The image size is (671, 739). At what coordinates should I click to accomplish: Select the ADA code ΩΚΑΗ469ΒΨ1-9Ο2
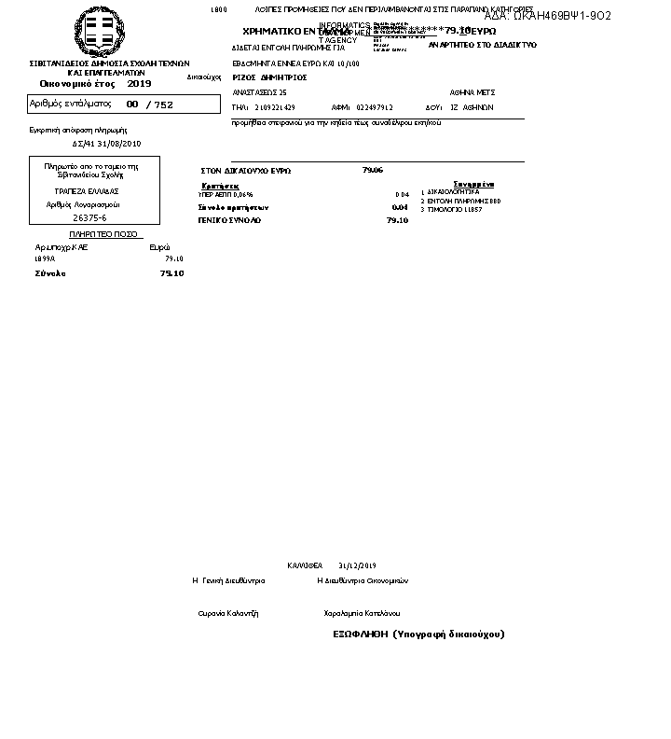[x=548, y=16]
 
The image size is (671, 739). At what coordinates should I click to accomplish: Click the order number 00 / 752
[x=150, y=105]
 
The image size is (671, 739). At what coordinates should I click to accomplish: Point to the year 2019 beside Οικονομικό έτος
[x=139, y=83]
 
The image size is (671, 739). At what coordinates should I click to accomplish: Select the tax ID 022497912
[x=374, y=107]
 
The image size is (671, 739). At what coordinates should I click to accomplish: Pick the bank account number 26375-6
[x=89, y=217]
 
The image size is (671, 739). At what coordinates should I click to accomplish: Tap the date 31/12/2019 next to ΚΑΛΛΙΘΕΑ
[x=357, y=565]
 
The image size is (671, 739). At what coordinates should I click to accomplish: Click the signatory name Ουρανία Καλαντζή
[x=228, y=613]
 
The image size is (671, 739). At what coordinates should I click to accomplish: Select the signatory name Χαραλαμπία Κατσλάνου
[x=362, y=613]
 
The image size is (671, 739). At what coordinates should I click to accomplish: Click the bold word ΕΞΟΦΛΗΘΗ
[x=360, y=634]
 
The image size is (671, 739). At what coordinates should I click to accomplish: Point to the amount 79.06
[x=372, y=170]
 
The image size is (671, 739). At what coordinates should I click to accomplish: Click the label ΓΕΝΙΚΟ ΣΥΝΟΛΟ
[x=229, y=220]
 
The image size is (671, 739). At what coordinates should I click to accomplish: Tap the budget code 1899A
[x=45, y=258]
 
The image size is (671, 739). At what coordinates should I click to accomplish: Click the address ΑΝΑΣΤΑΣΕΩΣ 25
[x=259, y=92]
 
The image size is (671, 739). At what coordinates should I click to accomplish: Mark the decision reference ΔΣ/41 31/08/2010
[x=106, y=144]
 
